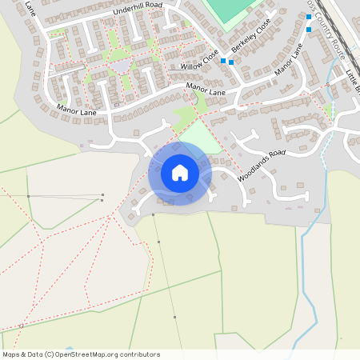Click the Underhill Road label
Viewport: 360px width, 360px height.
[x=138, y=8]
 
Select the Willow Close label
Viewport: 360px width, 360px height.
[x=199, y=57]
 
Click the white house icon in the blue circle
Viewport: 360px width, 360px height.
[x=180, y=172]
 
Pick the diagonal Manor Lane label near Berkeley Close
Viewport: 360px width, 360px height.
[x=289, y=60]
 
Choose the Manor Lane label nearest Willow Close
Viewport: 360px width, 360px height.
[x=207, y=88]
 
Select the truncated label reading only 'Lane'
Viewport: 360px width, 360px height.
[x=30, y=8]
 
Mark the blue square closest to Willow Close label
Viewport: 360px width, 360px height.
[x=223, y=60]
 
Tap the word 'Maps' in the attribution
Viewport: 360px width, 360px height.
[x=11, y=354]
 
